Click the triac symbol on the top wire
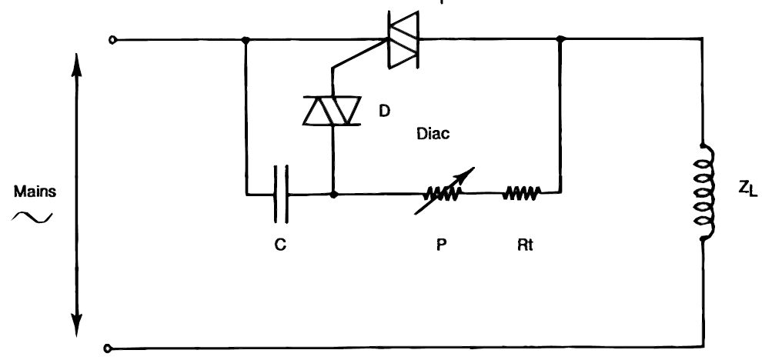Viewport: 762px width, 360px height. (403, 39)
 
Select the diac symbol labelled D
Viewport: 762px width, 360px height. (333, 111)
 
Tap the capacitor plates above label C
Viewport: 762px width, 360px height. (281, 195)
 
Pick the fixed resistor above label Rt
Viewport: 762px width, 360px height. (521, 193)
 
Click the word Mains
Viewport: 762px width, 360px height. (35, 192)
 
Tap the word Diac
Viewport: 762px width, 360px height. (433, 134)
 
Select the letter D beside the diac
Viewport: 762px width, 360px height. (384, 112)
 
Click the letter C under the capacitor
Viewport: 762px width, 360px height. (280, 245)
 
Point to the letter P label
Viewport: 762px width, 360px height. (441, 245)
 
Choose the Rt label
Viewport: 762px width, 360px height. (526, 245)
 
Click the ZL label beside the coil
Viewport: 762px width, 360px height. (748, 188)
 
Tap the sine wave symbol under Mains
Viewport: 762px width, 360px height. (32, 218)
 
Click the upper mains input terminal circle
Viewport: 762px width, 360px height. (112, 40)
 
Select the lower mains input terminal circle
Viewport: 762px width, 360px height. (108, 348)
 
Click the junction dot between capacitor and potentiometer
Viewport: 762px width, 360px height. (333, 195)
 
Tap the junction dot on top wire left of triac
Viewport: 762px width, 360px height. (246, 39)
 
